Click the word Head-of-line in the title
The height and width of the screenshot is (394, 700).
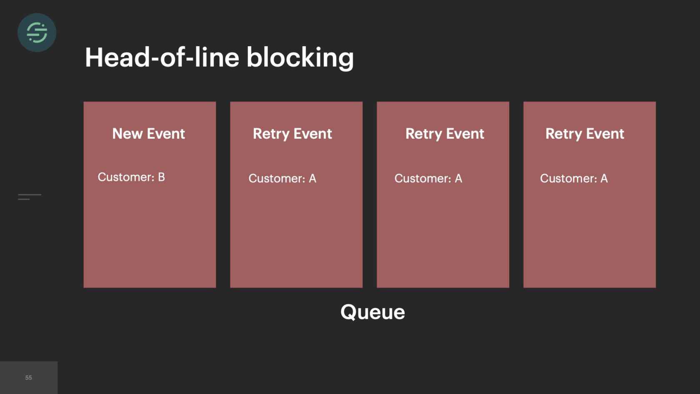coord(162,57)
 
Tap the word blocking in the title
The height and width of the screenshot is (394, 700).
coord(300,58)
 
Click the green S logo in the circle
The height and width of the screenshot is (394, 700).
coord(37,33)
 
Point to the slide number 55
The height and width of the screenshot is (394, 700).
coord(28,377)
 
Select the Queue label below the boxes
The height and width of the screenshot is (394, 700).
coord(372,312)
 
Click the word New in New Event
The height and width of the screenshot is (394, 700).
coord(127,133)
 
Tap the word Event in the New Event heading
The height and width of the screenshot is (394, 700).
coord(166,133)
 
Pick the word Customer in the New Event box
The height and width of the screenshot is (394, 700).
coord(126,177)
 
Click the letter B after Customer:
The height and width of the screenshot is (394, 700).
coord(161,177)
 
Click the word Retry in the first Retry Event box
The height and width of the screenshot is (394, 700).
coord(271,134)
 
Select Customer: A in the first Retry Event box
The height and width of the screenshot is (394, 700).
coord(282,178)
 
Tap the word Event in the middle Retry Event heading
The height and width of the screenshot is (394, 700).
coord(465,133)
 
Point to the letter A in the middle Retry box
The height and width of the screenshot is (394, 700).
coord(458,178)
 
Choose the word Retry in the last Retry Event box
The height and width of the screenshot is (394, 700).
coord(564,134)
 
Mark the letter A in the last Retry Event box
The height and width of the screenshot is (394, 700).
coord(604,178)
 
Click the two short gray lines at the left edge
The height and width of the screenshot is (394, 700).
coord(29,197)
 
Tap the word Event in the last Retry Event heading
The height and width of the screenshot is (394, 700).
coord(605,133)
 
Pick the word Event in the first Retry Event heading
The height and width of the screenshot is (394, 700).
coord(312,133)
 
